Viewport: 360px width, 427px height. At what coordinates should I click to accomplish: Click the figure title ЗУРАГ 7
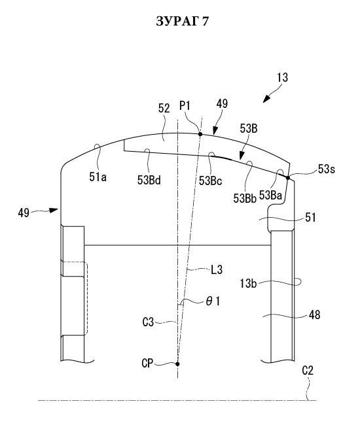click(x=183, y=21)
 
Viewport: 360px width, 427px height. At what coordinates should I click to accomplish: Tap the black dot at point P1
click(x=200, y=134)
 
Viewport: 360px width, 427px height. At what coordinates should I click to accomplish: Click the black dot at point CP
click(x=177, y=364)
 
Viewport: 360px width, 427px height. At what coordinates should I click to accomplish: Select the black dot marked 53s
click(x=288, y=178)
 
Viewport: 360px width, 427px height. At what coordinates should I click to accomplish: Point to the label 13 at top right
click(x=282, y=78)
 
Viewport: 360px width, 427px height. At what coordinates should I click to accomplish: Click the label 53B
click(x=249, y=128)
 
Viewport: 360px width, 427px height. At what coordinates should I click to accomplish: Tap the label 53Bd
click(x=149, y=180)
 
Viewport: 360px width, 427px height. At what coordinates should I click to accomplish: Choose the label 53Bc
click(x=210, y=180)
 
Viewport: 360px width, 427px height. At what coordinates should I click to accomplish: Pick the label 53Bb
click(x=245, y=198)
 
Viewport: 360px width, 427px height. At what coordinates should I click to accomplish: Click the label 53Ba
click(x=270, y=195)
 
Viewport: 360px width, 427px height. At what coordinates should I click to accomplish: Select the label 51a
click(x=98, y=177)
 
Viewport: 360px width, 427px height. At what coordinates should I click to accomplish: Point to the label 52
click(x=164, y=109)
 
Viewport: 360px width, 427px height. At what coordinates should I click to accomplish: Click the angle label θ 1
click(x=213, y=301)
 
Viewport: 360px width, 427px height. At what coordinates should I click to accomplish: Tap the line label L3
click(x=217, y=270)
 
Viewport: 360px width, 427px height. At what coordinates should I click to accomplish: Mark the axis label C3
click(x=148, y=322)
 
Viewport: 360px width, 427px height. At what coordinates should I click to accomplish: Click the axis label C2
click(x=308, y=371)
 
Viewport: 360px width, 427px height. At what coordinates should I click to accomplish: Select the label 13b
click(x=248, y=284)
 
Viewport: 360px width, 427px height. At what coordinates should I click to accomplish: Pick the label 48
click(x=314, y=315)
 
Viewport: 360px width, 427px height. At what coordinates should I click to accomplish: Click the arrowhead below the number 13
click(x=266, y=99)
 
